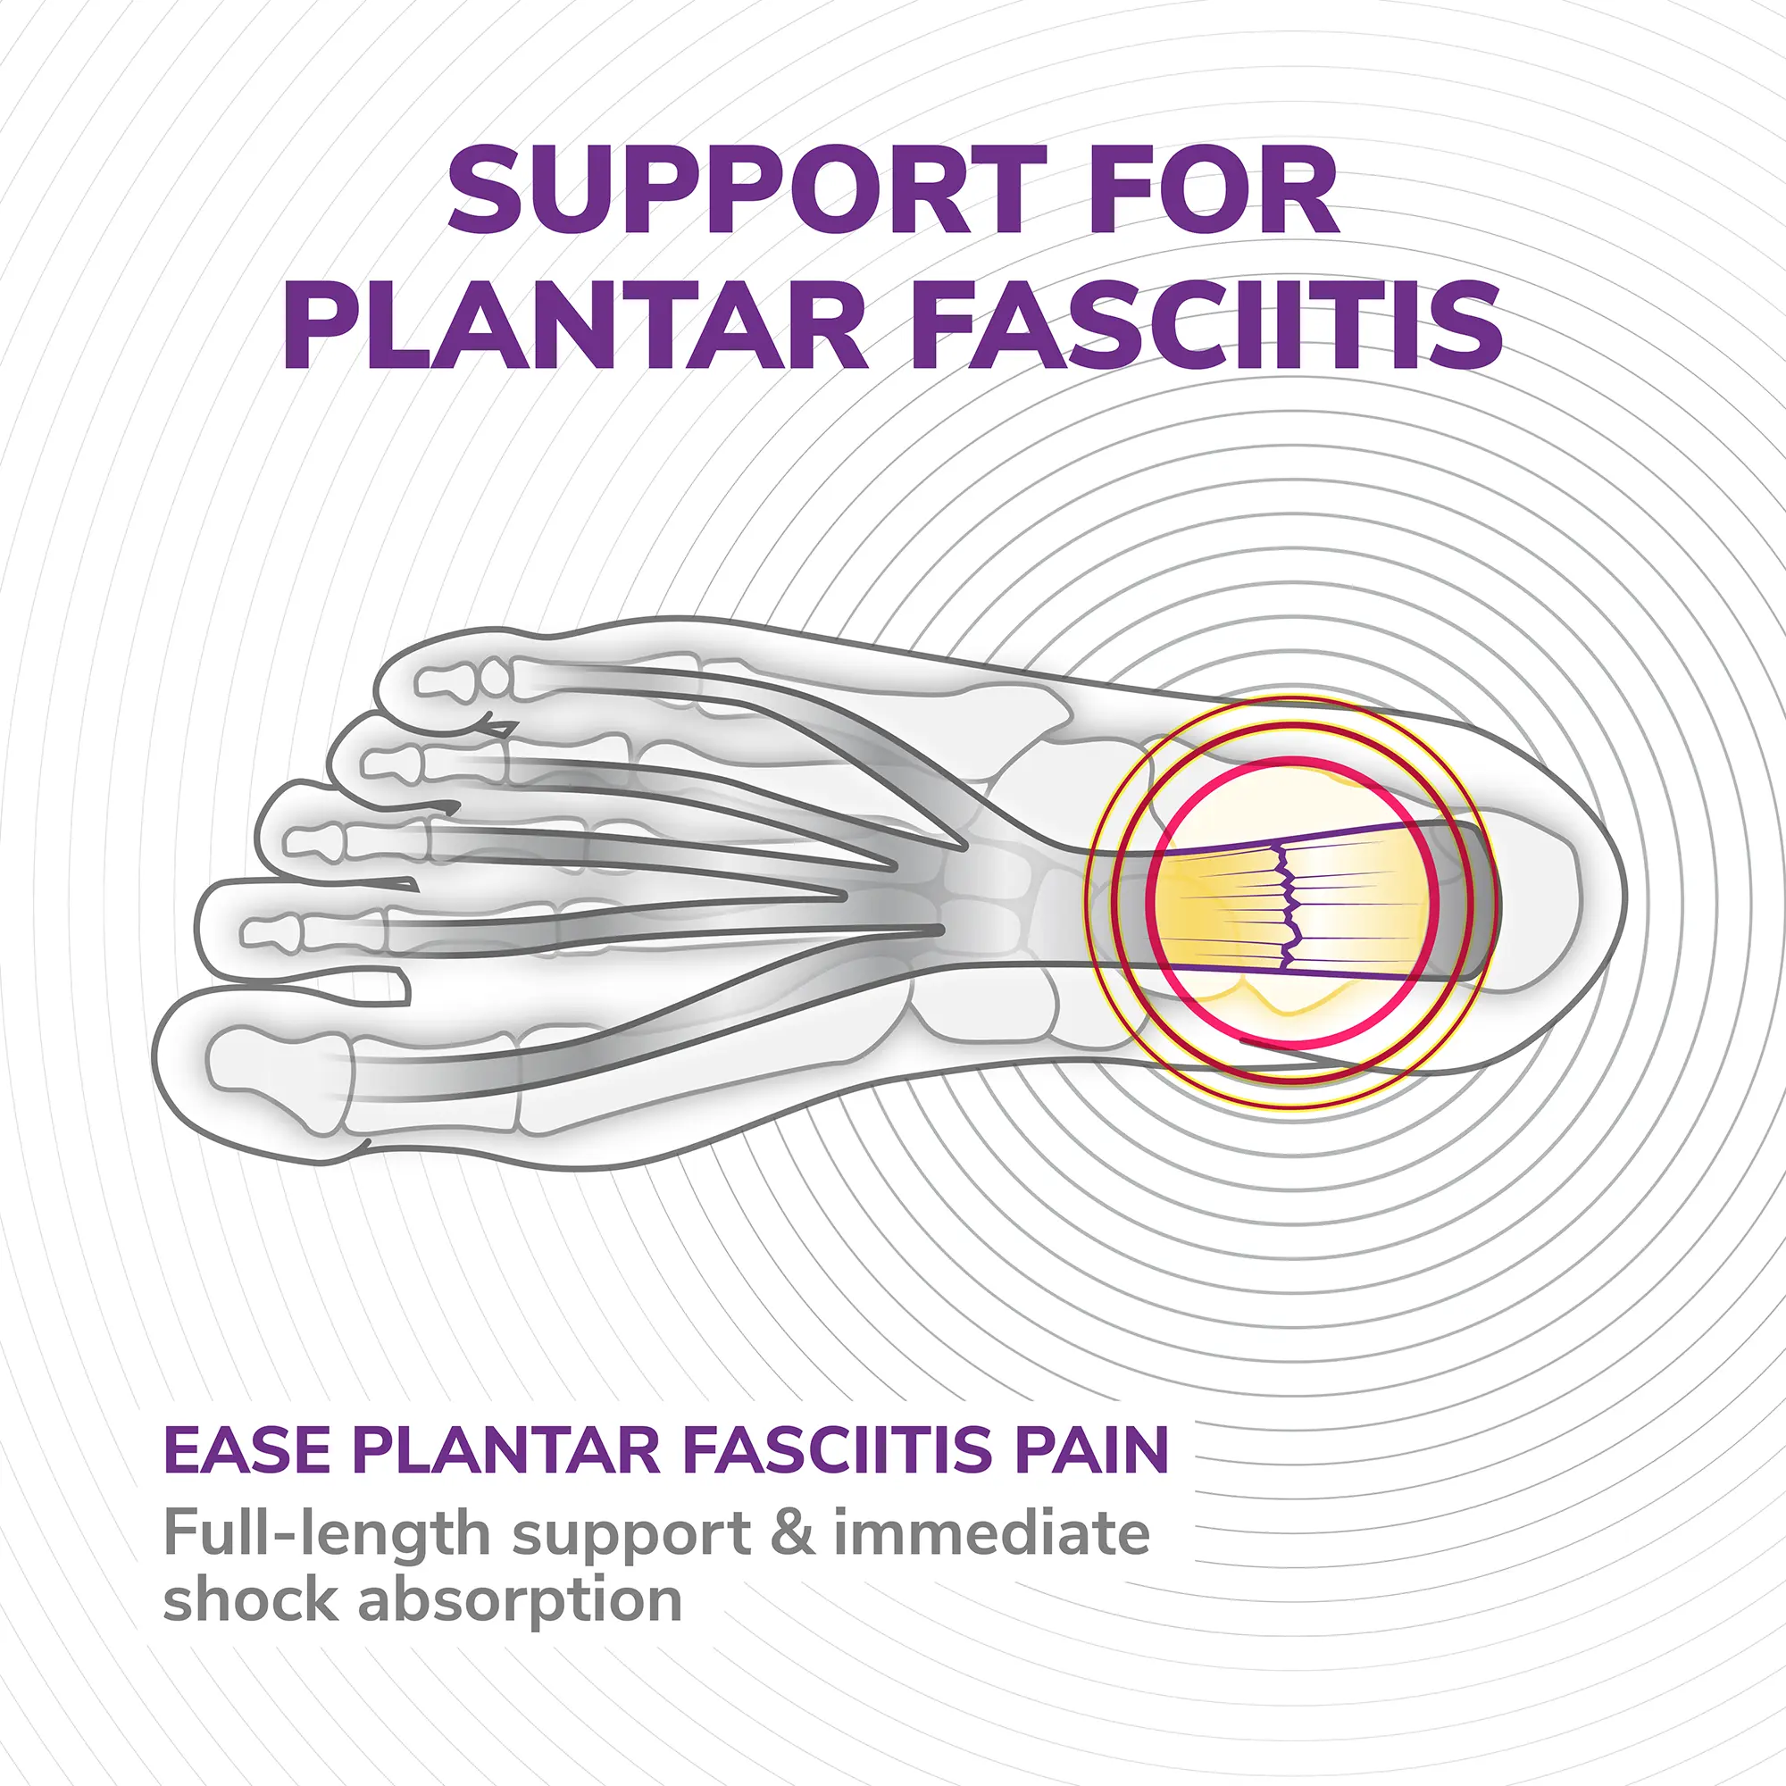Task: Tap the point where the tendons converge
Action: click(934, 883)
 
